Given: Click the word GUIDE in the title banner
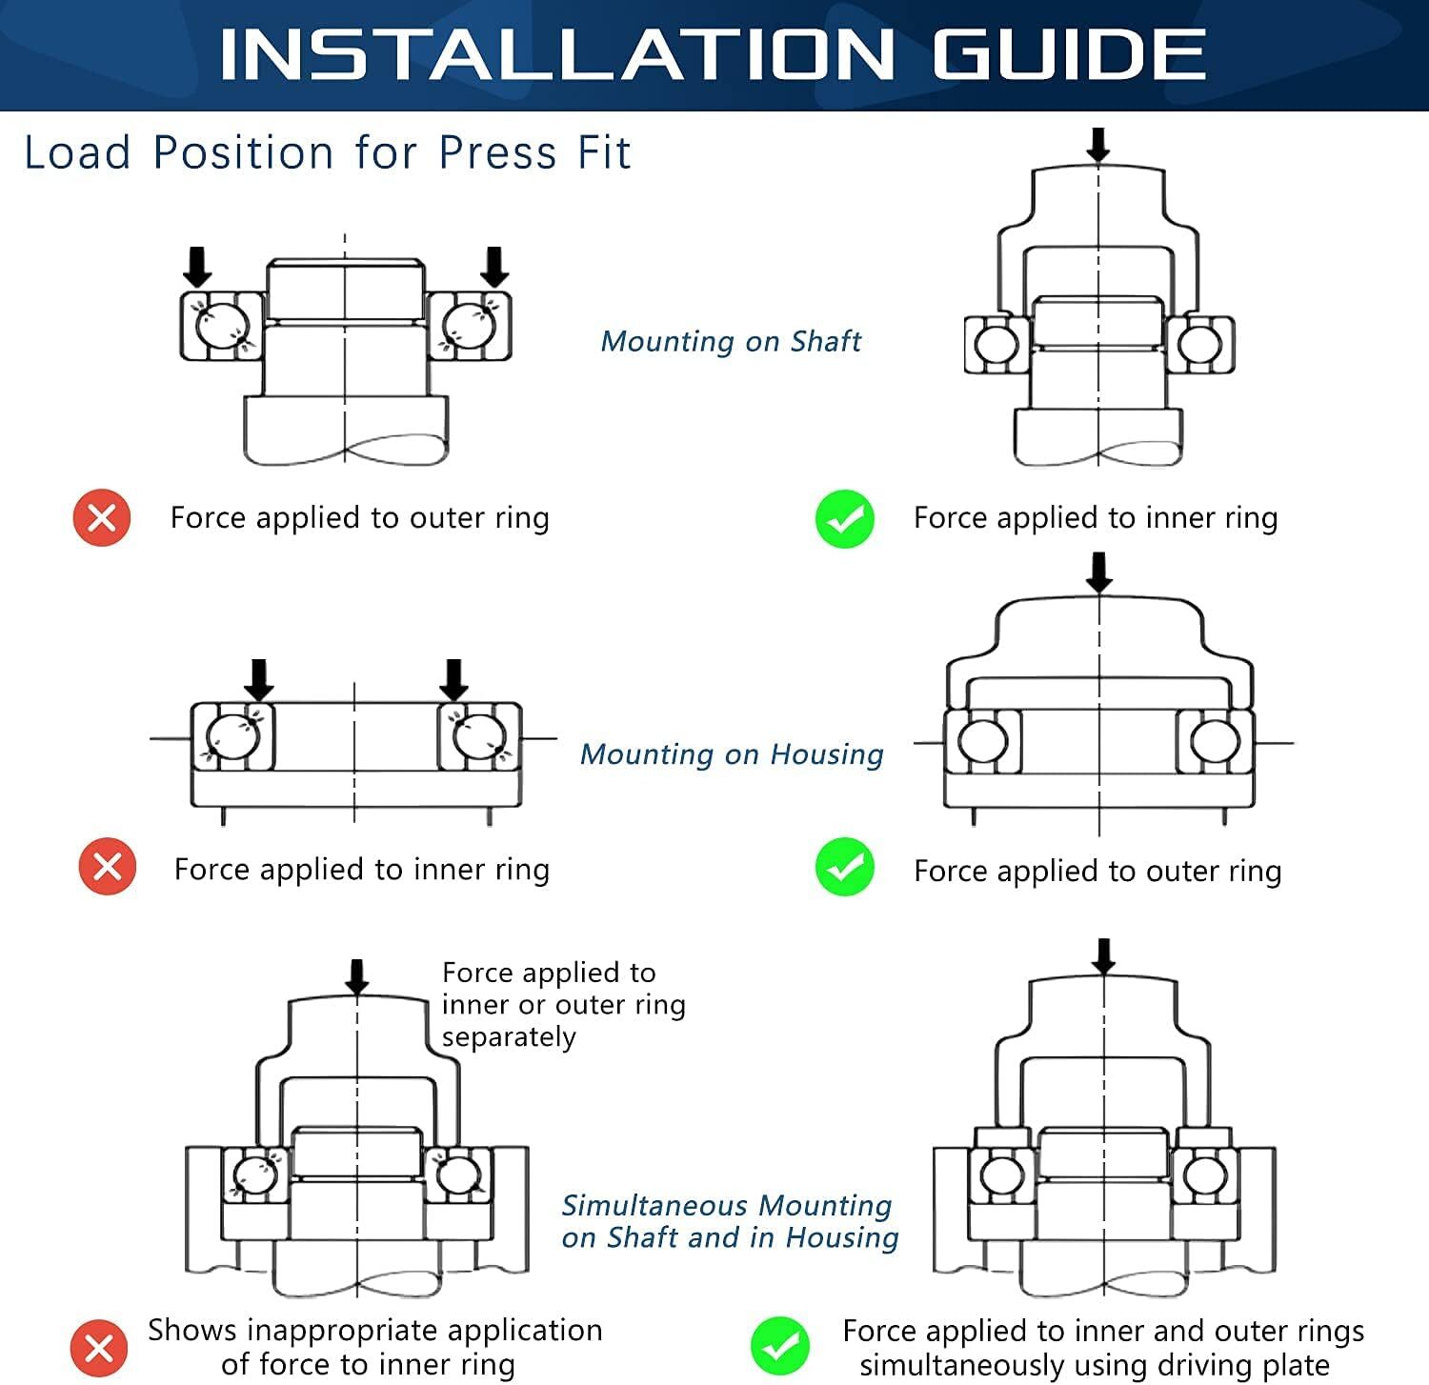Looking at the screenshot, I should (x=1069, y=54).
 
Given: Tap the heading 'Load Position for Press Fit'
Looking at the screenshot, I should (x=327, y=153).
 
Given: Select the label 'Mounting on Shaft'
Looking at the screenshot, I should (x=731, y=341).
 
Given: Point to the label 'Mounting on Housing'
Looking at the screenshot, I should (x=732, y=754).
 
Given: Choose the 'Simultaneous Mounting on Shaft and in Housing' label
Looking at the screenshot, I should (x=730, y=1221).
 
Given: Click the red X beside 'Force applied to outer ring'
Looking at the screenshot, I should (x=102, y=517).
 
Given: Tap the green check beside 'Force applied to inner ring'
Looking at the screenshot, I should (x=845, y=519).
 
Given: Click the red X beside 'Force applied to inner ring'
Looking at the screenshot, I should (x=108, y=867).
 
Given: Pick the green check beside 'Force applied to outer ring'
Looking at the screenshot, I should (x=845, y=868).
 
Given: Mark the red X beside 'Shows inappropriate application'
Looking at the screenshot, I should (x=99, y=1349).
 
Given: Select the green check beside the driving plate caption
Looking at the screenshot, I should (x=780, y=1346).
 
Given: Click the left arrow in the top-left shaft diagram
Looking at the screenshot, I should (x=197, y=267).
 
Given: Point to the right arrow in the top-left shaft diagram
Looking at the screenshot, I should (x=494, y=267).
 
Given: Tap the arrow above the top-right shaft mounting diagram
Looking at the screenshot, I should (x=1098, y=145).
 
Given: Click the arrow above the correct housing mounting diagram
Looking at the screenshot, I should (x=1099, y=572).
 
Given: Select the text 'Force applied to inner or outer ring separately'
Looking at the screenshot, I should (x=563, y=1004).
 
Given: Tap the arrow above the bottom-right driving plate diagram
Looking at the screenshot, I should (x=1104, y=956).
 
